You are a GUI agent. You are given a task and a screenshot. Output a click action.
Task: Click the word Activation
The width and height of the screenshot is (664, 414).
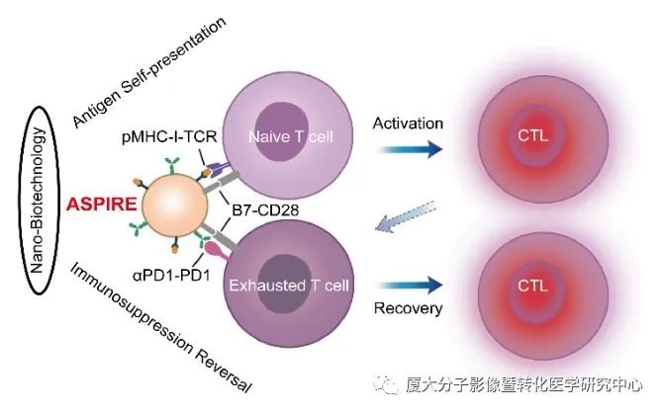[x=407, y=124]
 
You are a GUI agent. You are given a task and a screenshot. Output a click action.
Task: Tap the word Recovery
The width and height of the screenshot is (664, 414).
[x=407, y=309]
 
